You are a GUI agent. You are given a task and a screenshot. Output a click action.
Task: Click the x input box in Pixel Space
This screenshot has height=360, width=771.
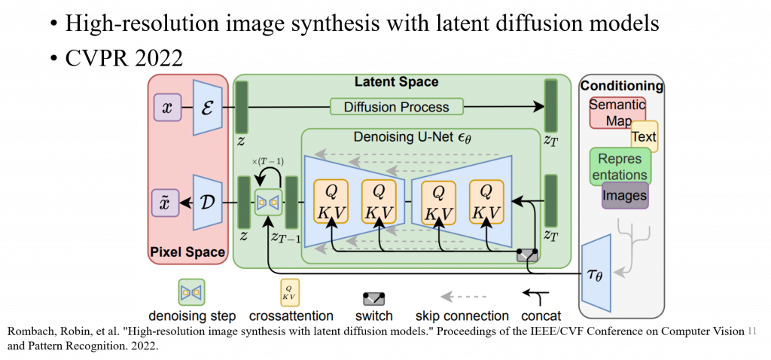[166, 108]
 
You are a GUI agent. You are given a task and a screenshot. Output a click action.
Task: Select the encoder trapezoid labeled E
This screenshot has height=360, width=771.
[207, 108]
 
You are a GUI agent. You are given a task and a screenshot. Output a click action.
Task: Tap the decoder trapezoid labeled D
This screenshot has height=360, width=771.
[207, 203]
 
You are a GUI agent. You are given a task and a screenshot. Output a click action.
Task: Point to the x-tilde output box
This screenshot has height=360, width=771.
[166, 203]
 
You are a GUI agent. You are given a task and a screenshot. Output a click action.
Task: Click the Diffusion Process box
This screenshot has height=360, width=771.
[395, 107]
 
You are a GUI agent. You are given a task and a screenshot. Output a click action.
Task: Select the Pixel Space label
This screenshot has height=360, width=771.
[187, 252]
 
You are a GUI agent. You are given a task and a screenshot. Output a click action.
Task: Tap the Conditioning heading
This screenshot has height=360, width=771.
[622, 86]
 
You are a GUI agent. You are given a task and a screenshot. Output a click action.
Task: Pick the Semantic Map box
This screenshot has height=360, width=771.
[617, 113]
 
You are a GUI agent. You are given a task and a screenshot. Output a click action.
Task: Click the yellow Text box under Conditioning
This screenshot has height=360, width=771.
[644, 137]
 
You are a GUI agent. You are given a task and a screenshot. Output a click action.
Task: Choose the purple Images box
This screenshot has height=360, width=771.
[624, 196]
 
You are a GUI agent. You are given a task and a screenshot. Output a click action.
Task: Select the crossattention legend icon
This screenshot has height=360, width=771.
[291, 291]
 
